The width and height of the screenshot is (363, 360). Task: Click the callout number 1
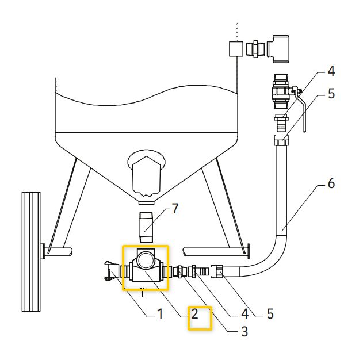pos(160,314)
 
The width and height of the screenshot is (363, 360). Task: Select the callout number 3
pos(244,331)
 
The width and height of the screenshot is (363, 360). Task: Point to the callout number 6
pos(331,183)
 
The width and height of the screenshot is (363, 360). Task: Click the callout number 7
pos(175,209)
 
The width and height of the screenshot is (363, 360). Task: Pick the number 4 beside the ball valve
pos(331,72)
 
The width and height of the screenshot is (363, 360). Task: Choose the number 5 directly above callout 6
pos(331,94)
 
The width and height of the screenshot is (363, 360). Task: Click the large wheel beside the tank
pos(29,251)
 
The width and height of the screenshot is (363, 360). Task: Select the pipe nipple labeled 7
pos(146,227)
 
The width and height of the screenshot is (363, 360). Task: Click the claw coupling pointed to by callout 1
pos(110,270)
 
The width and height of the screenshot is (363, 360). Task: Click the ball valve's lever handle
pos(301,109)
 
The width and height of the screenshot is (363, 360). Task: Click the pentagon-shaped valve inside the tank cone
pos(146,173)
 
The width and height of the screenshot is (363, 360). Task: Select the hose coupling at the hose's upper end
pos(281,141)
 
